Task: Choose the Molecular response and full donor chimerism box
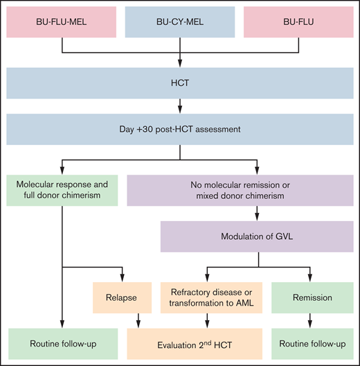(x=62, y=188)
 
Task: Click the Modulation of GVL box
(x=258, y=235)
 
